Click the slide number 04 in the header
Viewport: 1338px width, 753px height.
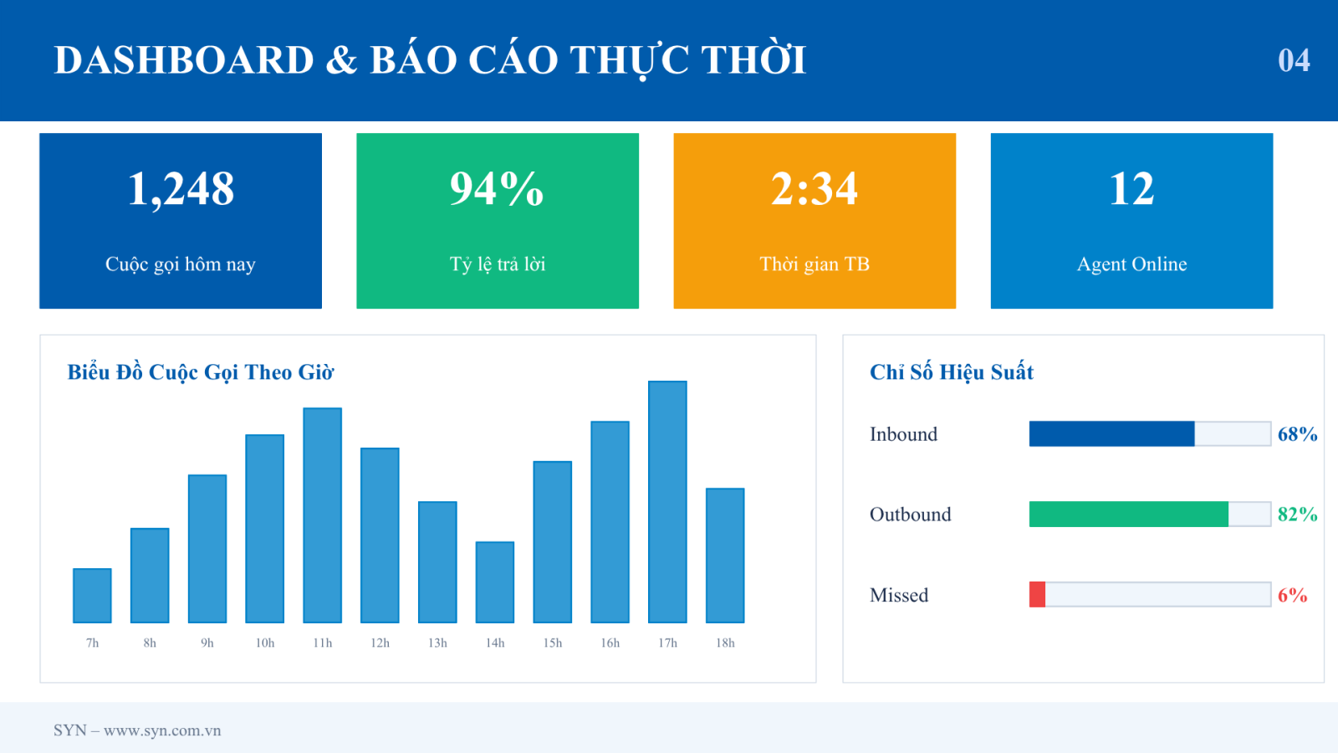[x=1294, y=60]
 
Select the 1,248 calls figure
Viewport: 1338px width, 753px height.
[x=181, y=189]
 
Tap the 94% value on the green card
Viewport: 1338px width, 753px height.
[x=497, y=188]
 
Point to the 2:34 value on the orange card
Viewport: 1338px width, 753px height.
[x=815, y=188]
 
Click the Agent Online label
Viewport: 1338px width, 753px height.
[x=1131, y=264]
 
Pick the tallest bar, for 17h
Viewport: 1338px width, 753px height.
[x=667, y=502]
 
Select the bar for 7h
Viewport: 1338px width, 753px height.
[x=92, y=596]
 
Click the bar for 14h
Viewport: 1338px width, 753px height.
[x=494, y=582]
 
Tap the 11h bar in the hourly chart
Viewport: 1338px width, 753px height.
[x=323, y=515]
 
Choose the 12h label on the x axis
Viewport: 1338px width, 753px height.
[x=380, y=643]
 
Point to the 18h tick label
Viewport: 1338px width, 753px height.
[x=725, y=643]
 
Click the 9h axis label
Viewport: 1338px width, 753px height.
[x=207, y=643]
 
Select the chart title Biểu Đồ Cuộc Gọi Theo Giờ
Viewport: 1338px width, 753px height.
[x=200, y=372]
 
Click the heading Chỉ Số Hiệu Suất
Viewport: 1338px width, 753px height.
[x=952, y=372]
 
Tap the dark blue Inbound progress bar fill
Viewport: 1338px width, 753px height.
[x=1111, y=434]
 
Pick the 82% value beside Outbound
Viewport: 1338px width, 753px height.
[x=1297, y=514]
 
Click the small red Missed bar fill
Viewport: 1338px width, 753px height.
[x=1037, y=595]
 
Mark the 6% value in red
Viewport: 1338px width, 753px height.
[x=1293, y=595]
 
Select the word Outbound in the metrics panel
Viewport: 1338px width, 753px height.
[x=911, y=515]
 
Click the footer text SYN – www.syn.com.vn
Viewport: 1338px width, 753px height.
[x=137, y=730]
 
